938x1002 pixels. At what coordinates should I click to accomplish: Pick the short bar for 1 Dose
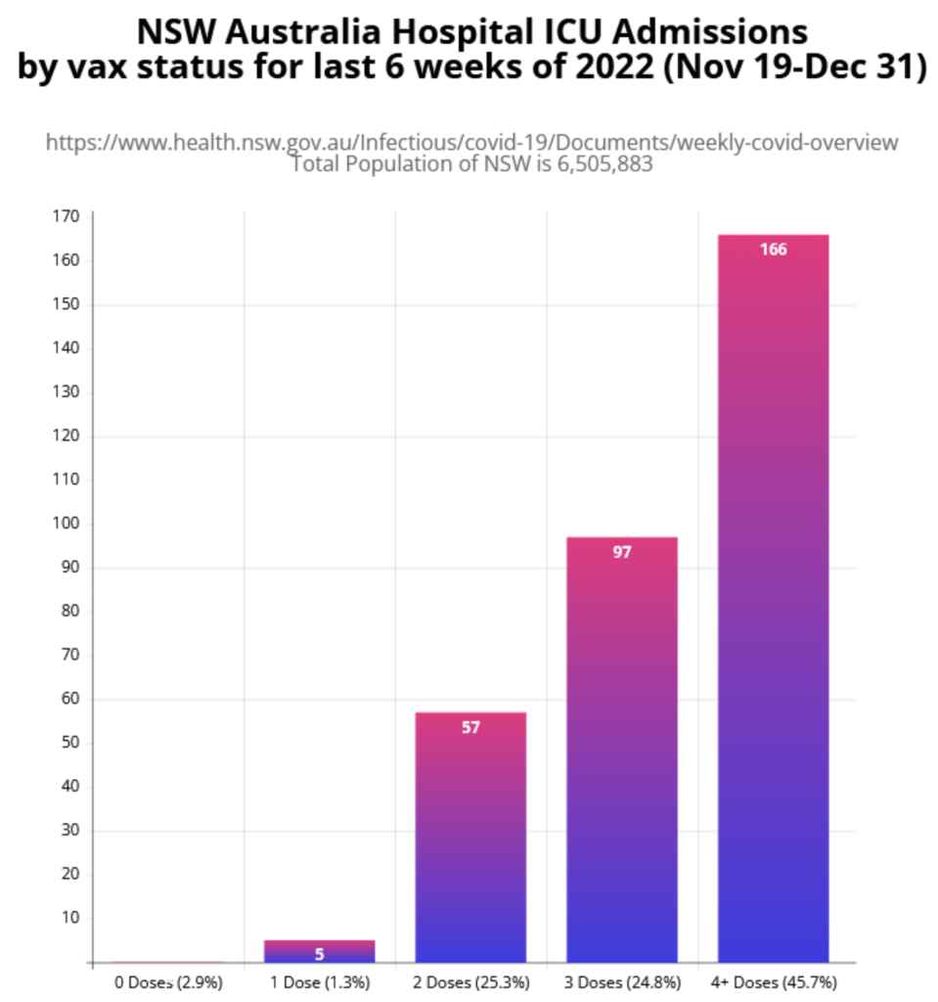[x=319, y=951]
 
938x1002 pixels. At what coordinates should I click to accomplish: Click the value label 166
[x=773, y=250]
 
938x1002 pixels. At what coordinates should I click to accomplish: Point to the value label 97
[x=622, y=552]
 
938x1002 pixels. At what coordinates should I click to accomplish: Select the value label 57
[x=470, y=727]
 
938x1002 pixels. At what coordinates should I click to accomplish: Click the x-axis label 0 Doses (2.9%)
[x=165, y=981]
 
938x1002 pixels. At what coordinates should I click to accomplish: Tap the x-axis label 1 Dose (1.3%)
[x=319, y=981]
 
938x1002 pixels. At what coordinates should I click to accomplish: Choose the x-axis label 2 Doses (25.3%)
[x=470, y=981]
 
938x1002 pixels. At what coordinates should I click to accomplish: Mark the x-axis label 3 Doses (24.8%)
[x=622, y=981]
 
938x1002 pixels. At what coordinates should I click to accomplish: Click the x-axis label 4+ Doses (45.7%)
[x=774, y=981]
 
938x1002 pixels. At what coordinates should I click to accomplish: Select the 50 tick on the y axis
[x=68, y=743]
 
